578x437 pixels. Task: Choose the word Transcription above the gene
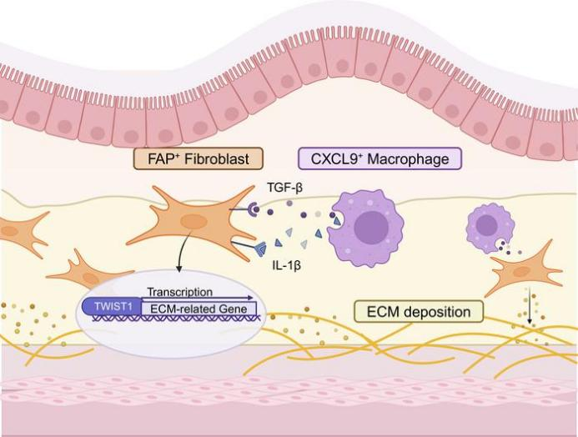coord(178,293)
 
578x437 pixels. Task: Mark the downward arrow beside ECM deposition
coord(529,308)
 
